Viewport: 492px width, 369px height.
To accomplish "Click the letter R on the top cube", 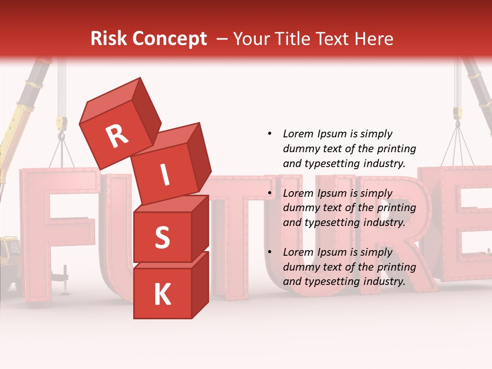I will tap(117, 136).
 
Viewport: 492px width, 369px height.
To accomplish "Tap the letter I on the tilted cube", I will tap(165, 175).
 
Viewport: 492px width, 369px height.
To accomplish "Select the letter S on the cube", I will tap(162, 237).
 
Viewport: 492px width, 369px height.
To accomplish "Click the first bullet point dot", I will tap(270, 134).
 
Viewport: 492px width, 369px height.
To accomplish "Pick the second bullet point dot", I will tap(270, 193).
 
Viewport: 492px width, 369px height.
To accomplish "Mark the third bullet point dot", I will tap(270, 252).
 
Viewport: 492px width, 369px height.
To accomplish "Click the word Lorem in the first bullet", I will tap(298, 134).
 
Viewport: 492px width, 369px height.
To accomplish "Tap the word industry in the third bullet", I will tap(385, 281).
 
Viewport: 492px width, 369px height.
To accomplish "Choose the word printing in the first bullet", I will tap(397, 149).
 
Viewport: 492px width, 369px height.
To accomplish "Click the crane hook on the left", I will tap(61, 134).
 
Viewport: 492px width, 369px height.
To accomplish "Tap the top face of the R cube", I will tap(110, 97).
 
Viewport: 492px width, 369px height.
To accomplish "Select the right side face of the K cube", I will tap(200, 284).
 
